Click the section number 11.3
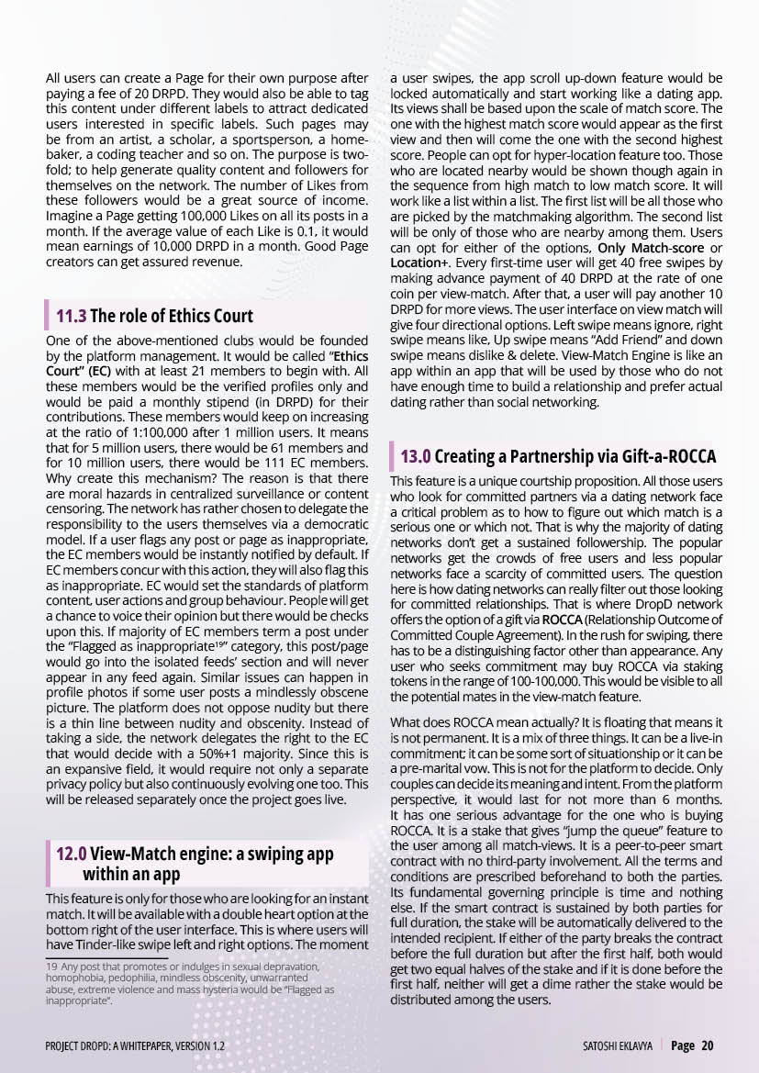point(72,317)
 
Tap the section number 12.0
point(72,855)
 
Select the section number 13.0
point(415,456)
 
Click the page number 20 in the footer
point(708,1045)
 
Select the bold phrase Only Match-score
point(651,248)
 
